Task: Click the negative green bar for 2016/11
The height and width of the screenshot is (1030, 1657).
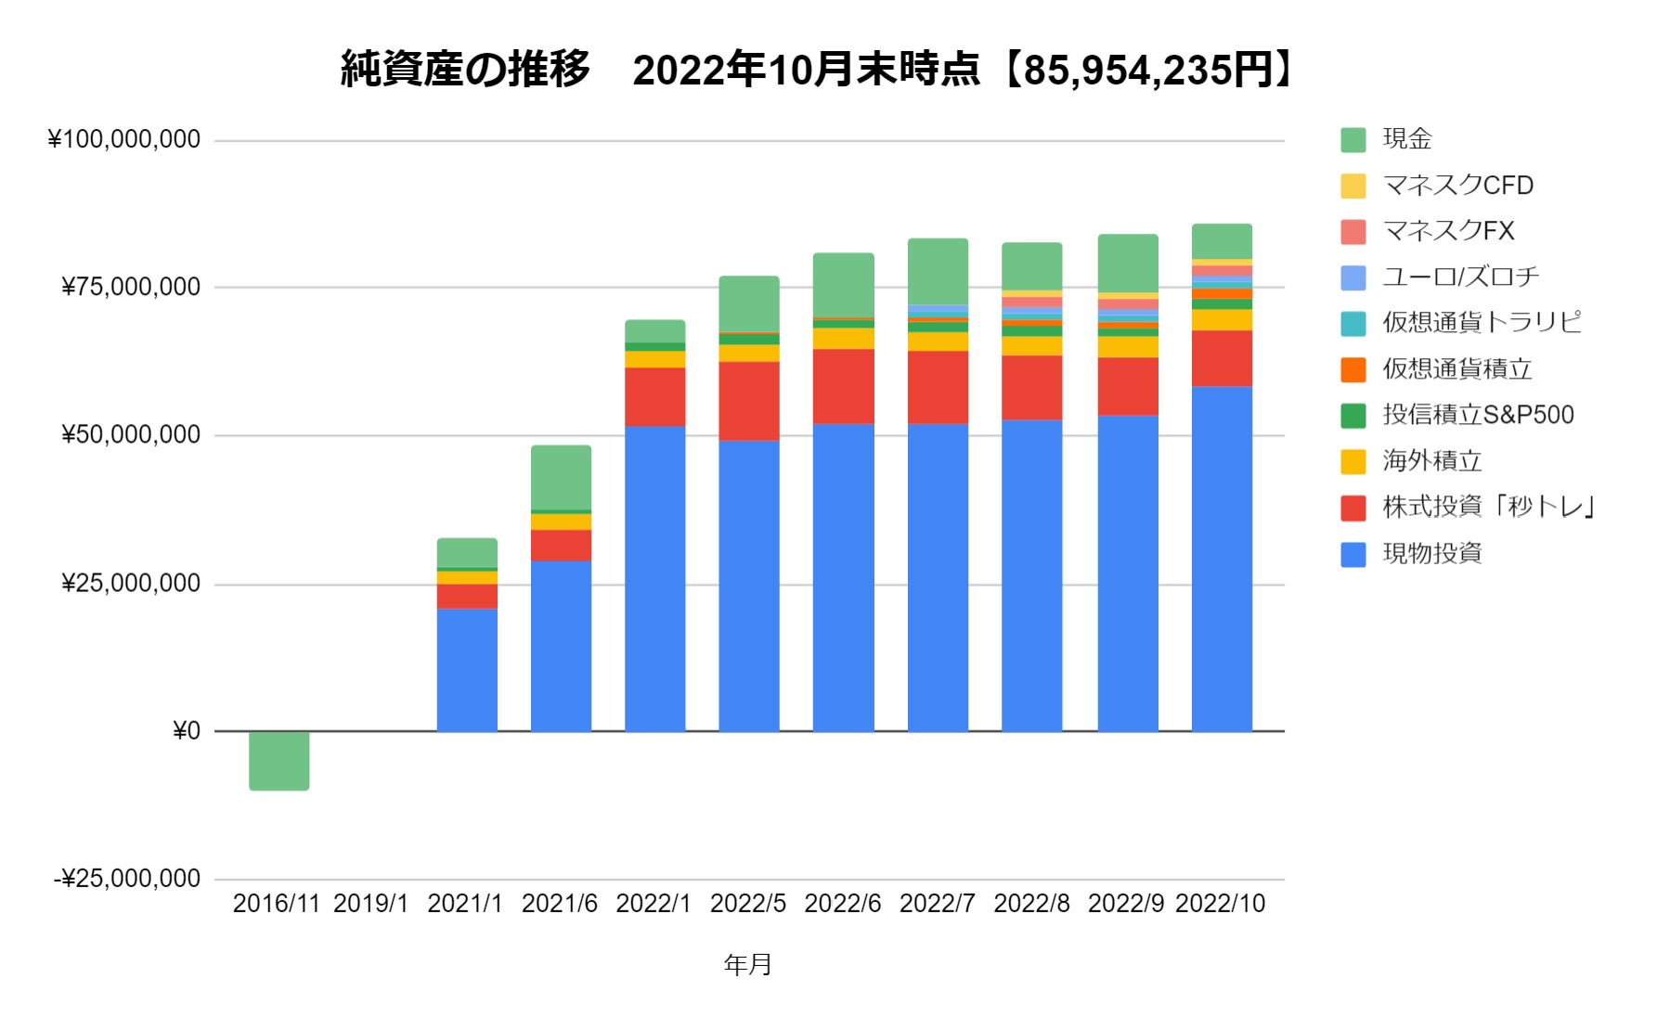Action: click(278, 761)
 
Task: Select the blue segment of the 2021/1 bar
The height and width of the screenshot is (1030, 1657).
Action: click(467, 670)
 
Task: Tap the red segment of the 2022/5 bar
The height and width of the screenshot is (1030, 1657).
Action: click(748, 401)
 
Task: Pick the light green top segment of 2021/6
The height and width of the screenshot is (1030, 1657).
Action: click(561, 477)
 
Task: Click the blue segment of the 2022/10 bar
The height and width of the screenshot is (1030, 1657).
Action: click(1222, 559)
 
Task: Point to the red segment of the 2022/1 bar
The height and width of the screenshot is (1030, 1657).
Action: click(654, 397)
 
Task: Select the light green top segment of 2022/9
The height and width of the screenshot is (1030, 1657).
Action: click(1127, 264)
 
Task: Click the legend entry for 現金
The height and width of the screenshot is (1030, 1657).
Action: click(1406, 139)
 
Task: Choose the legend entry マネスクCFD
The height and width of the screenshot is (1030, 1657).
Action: click(1457, 186)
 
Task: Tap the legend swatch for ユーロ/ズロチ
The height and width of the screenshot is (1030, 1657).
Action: click(1353, 277)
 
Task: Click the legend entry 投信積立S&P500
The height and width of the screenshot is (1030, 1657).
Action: click(1478, 415)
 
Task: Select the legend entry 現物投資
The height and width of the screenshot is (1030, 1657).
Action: click(1431, 554)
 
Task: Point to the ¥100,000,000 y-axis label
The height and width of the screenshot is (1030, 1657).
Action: click(123, 140)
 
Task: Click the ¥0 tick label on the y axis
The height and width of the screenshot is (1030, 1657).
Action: click(187, 732)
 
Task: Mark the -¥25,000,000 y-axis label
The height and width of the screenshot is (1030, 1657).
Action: click(127, 879)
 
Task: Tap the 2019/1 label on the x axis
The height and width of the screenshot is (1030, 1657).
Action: click(370, 904)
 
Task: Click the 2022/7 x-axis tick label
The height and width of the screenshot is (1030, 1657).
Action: click(937, 904)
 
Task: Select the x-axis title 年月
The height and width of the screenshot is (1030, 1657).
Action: click(747, 965)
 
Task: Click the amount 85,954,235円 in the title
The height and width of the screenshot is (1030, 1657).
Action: click(1146, 71)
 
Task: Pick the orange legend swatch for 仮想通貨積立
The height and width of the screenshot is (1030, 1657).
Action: click(1353, 369)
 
